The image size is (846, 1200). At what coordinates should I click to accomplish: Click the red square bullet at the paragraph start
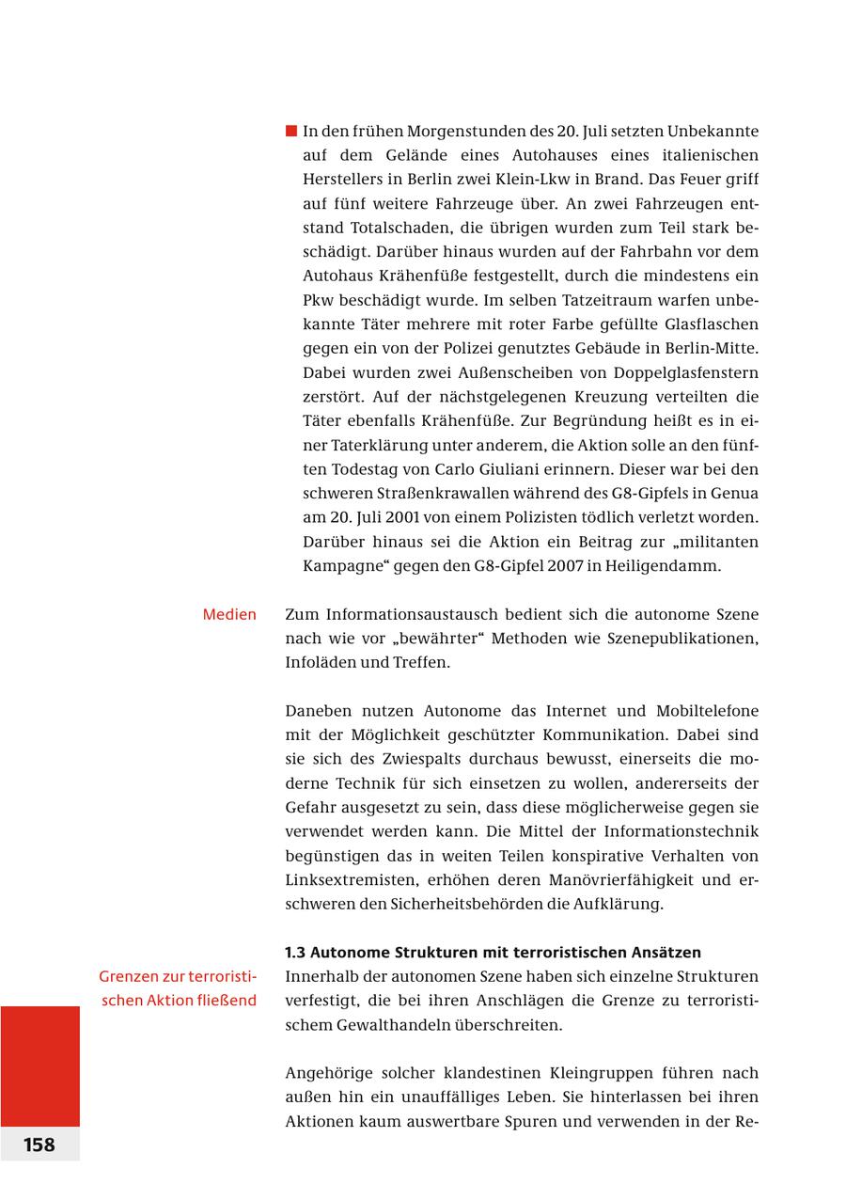click(x=291, y=131)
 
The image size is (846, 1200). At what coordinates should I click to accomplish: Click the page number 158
click(x=39, y=1145)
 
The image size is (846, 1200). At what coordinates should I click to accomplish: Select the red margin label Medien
click(x=229, y=614)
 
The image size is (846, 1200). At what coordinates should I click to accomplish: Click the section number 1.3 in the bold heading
click(x=296, y=952)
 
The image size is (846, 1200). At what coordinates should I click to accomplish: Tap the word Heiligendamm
click(x=669, y=566)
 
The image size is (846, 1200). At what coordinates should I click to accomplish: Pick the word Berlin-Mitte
click(x=705, y=348)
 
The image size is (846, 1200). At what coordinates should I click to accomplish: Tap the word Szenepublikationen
click(x=680, y=639)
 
